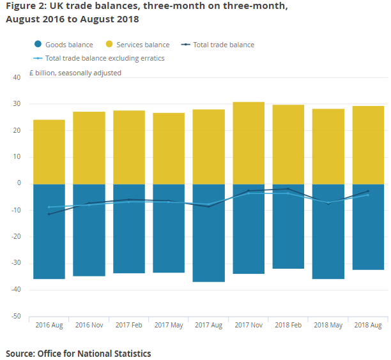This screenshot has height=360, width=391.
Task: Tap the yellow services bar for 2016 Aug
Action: [x=49, y=151]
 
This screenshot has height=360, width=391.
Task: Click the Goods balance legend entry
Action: [x=63, y=45]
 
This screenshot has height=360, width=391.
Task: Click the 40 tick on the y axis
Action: [x=17, y=77]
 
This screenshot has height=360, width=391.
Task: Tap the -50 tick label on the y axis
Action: [x=16, y=317]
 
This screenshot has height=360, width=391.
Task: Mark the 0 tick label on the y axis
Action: [x=19, y=184]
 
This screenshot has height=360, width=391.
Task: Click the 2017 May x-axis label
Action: [x=169, y=326]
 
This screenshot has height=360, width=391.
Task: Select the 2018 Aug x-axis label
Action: [x=368, y=326]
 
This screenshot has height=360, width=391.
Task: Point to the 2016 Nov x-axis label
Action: [x=89, y=326]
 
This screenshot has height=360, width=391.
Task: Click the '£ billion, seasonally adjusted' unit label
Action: [x=75, y=73]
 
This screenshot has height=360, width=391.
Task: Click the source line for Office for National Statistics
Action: [x=79, y=353]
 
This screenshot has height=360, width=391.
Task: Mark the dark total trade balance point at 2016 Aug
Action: [x=49, y=214]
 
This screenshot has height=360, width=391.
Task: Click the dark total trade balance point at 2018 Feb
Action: [x=288, y=189]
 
